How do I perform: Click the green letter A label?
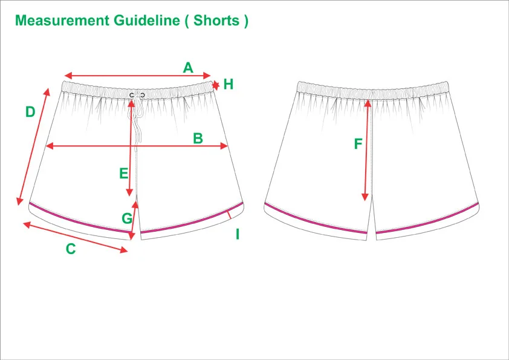pyautogui.click(x=188, y=67)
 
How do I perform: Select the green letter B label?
pyautogui.click(x=198, y=138)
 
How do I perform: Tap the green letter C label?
pyautogui.click(x=71, y=249)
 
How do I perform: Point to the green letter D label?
pyautogui.click(x=30, y=112)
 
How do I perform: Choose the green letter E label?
pyautogui.click(x=123, y=174)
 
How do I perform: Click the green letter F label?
pyautogui.click(x=358, y=144)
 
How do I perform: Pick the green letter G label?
pyautogui.click(x=126, y=218)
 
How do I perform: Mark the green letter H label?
pyautogui.click(x=228, y=84)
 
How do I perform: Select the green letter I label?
pyautogui.click(x=238, y=234)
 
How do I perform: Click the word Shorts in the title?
pyautogui.click(x=216, y=20)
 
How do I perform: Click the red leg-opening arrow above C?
pyautogui.click(x=76, y=237)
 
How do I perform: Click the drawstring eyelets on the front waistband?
pyautogui.click(x=137, y=95)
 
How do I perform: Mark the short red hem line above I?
pyautogui.click(x=230, y=215)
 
